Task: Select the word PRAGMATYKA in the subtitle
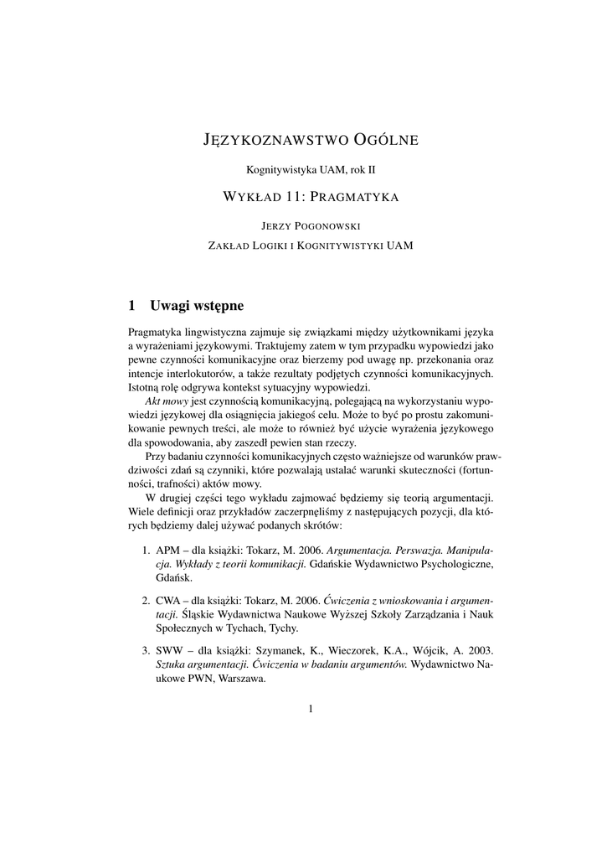354,199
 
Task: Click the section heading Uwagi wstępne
196,304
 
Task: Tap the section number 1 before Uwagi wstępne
132,304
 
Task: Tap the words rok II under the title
360,169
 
